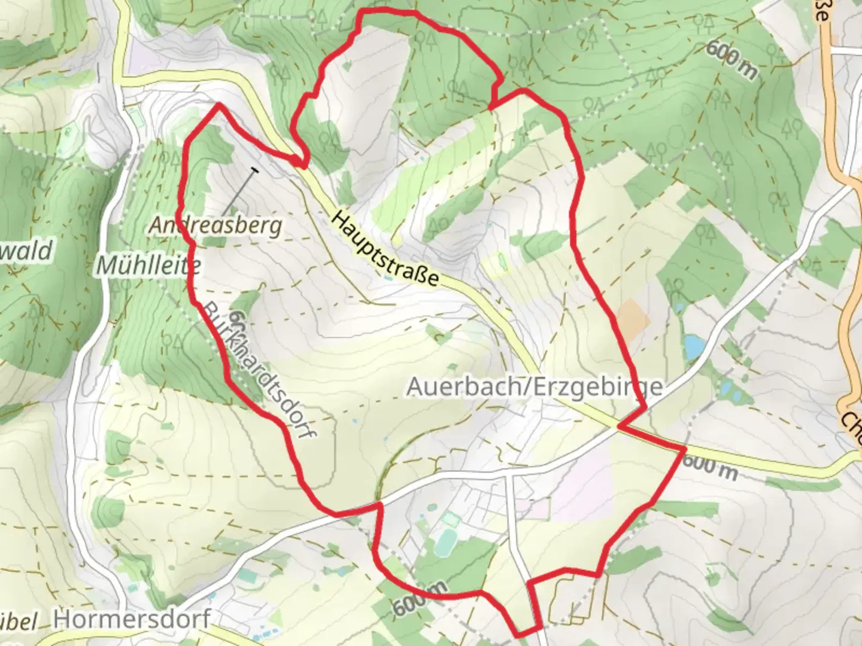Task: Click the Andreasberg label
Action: (215, 226)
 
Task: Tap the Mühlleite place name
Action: (148, 265)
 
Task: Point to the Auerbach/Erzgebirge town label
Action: (535, 386)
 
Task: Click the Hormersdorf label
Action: (132, 618)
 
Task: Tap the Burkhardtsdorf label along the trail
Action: (259, 371)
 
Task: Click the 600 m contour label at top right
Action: (731, 60)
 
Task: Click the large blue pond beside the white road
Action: (694, 346)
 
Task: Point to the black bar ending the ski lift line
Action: (255, 171)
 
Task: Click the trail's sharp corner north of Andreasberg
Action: (219, 105)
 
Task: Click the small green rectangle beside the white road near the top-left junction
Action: (137, 118)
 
